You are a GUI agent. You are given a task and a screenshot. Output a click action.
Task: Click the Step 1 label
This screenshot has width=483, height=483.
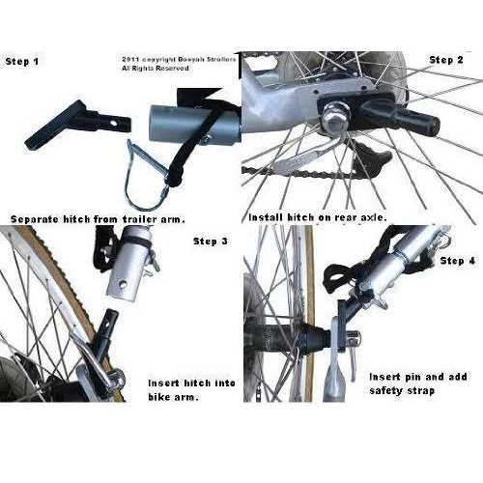click(22, 62)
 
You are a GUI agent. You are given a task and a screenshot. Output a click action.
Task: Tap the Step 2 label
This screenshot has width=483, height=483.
click(446, 60)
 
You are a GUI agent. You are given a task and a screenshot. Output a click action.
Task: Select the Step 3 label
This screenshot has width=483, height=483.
click(211, 241)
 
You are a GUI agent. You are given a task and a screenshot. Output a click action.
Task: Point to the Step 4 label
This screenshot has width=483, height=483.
click(458, 261)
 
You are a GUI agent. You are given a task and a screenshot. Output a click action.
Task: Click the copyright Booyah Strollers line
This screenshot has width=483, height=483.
click(179, 60)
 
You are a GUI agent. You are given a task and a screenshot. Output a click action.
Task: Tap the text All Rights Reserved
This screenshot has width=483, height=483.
click(156, 69)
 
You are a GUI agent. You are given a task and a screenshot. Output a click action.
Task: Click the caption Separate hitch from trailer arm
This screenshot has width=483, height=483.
click(98, 219)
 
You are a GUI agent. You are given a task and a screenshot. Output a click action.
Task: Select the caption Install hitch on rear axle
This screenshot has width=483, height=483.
click(318, 217)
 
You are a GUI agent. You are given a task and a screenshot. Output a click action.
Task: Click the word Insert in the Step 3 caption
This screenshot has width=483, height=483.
click(163, 384)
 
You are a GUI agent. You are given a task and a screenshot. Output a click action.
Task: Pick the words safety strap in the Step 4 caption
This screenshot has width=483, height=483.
click(402, 391)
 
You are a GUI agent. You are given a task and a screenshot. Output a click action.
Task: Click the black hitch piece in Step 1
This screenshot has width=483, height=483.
click(77, 124)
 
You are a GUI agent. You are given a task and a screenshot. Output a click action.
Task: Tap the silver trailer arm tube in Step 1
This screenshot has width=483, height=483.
click(195, 124)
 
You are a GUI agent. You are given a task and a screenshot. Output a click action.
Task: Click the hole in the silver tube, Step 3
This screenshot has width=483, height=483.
click(122, 284)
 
